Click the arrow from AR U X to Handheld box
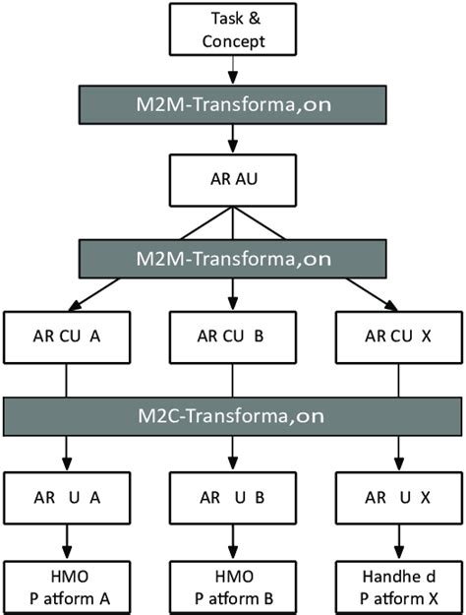tap(398, 540)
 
